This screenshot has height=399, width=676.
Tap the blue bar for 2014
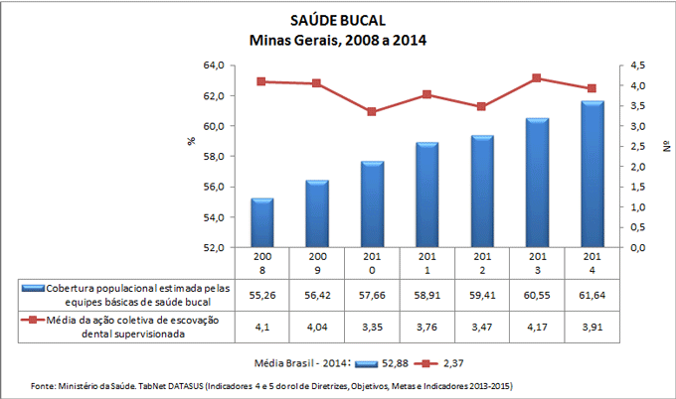(x=592, y=174)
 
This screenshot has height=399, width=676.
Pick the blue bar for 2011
(x=427, y=195)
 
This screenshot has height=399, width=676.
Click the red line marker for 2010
(x=372, y=112)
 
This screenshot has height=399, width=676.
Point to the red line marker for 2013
(x=538, y=78)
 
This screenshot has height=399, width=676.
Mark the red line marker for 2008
(x=261, y=81)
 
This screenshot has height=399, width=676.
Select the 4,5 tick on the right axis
(x=634, y=66)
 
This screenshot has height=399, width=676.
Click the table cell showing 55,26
(x=261, y=295)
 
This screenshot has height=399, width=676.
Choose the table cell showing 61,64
(x=592, y=295)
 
